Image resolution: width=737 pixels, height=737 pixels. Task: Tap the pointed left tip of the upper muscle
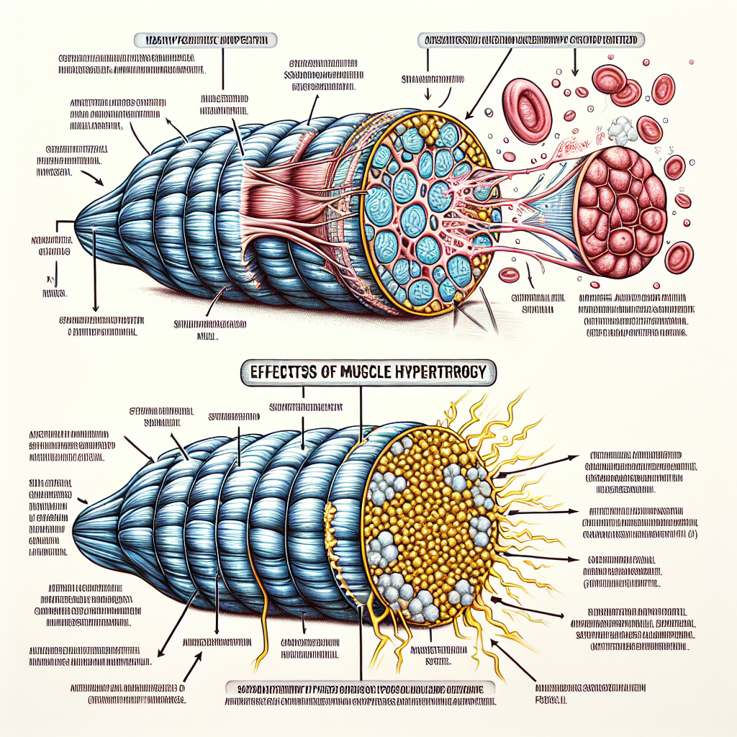coord(79,225)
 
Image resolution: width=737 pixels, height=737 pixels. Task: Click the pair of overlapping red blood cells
coord(616,83)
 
